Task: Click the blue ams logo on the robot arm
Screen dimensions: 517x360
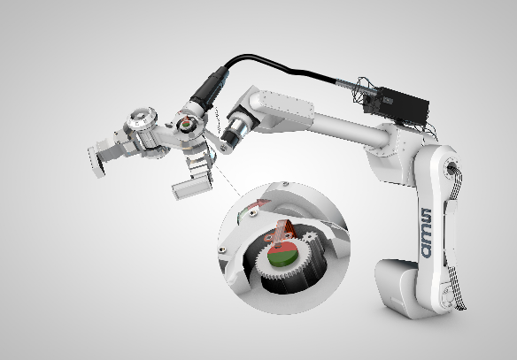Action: coord(426,233)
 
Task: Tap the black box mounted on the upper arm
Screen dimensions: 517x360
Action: coord(396,104)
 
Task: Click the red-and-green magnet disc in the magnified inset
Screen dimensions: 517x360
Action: coord(282,253)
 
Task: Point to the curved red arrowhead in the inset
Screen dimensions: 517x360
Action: coord(263,203)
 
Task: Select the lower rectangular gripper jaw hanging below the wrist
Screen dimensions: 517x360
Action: coord(191,188)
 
